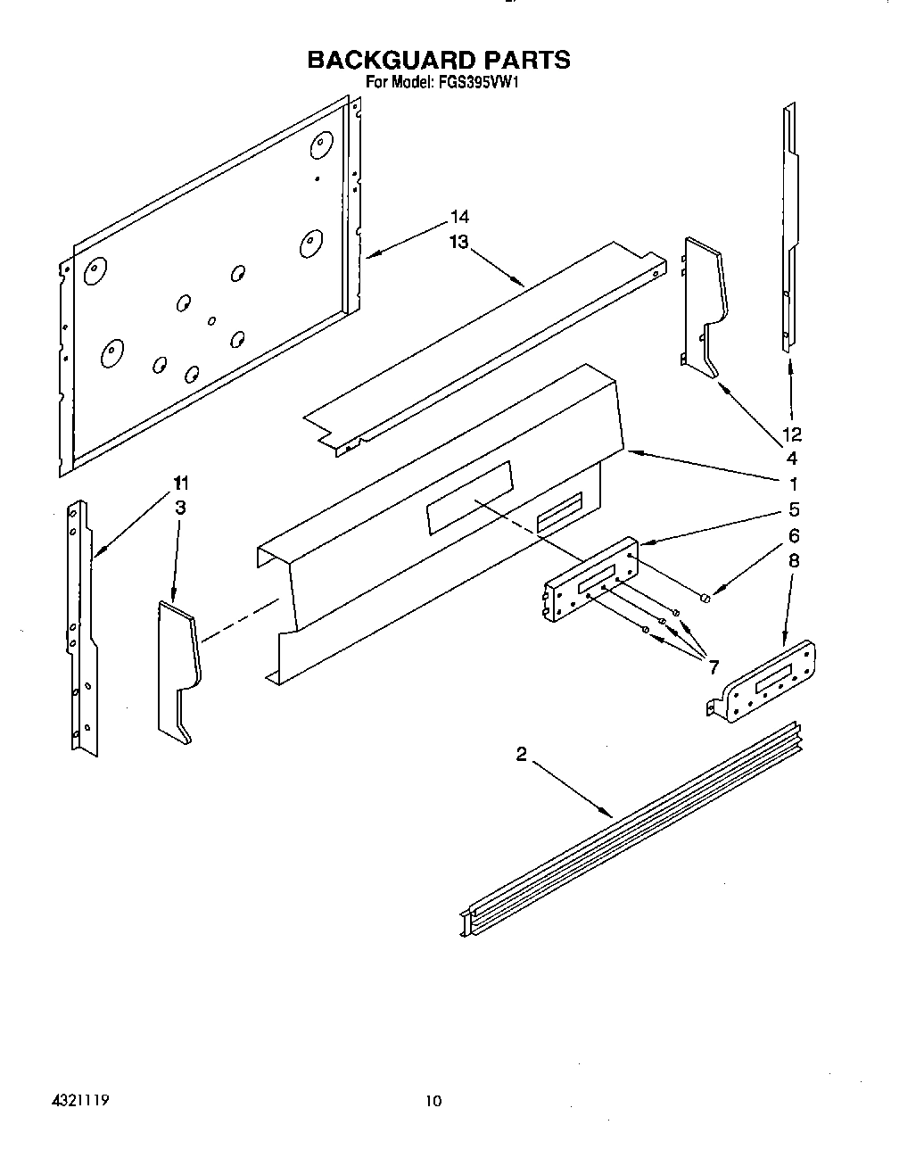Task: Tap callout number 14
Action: click(459, 217)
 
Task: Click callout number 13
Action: click(458, 243)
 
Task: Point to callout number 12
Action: click(791, 434)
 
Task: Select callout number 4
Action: click(791, 459)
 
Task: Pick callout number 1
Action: click(792, 484)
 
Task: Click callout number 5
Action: click(793, 510)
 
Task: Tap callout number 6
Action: click(793, 535)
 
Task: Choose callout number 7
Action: click(713, 666)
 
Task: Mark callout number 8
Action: click(793, 561)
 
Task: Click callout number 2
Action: click(522, 756)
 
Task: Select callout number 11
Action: click(181, 484)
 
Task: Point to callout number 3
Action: click(180, 509)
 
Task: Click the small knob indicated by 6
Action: click(705, 596)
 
